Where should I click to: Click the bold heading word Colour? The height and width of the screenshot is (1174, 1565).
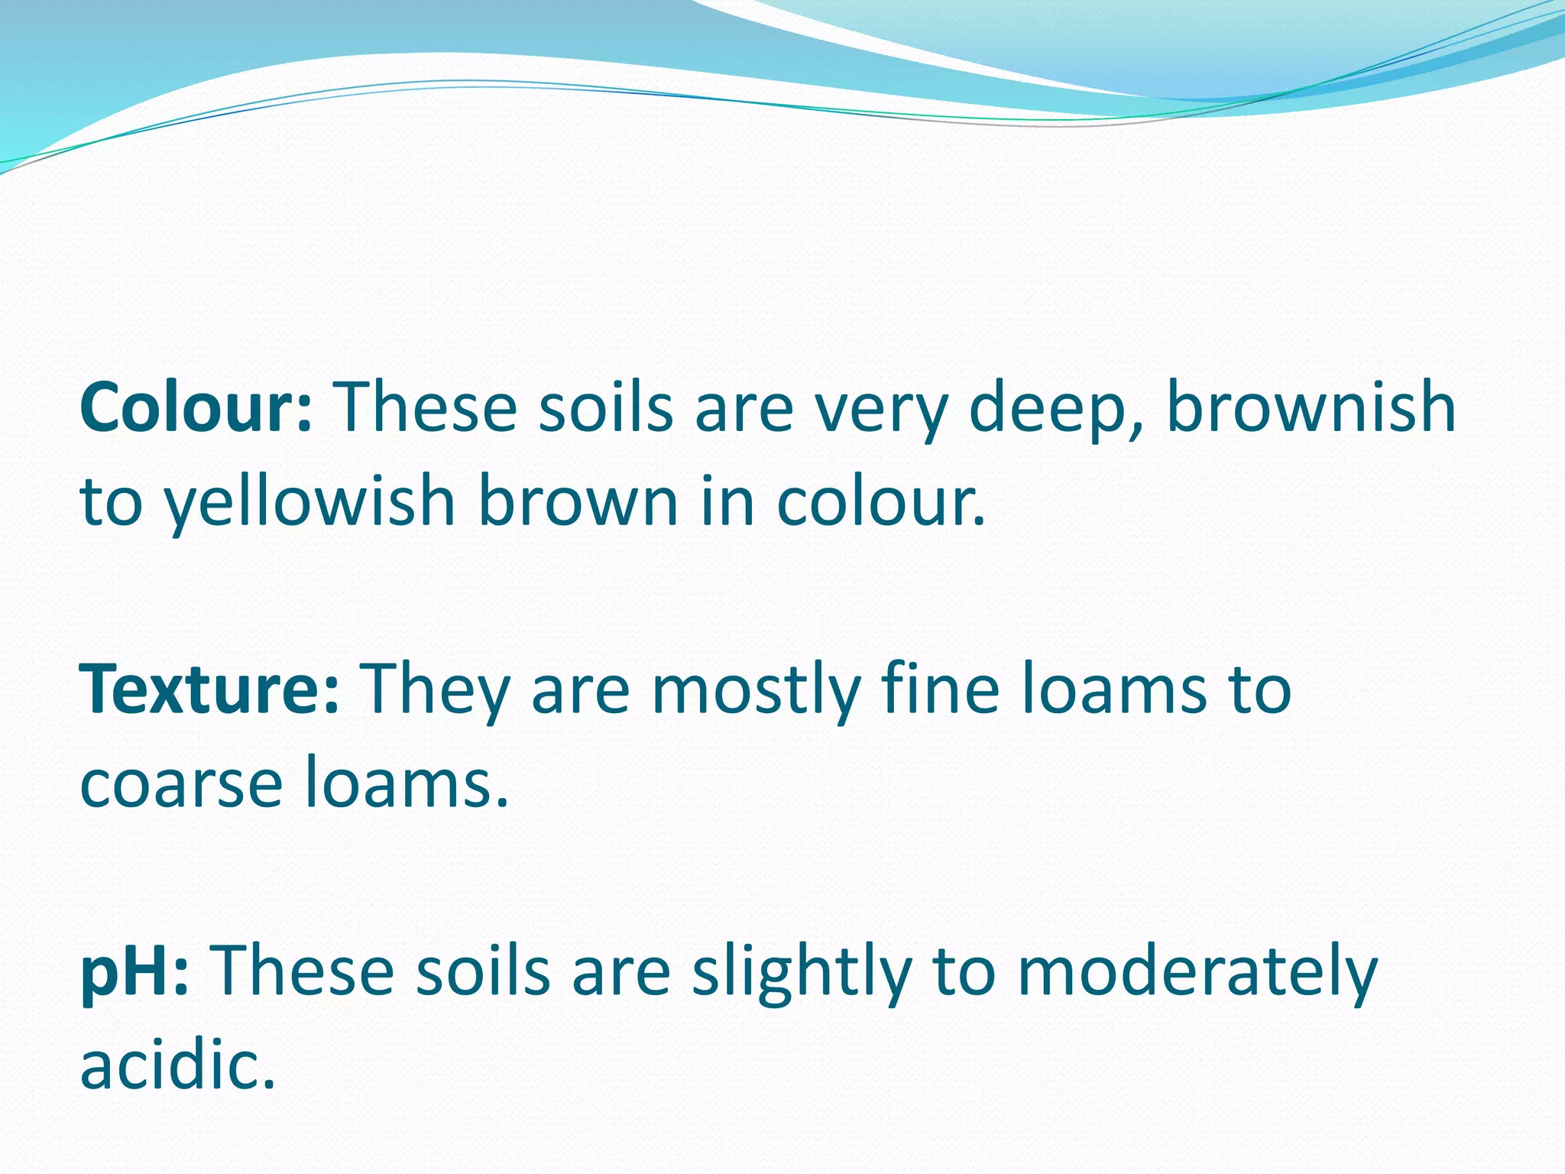coord(196,408)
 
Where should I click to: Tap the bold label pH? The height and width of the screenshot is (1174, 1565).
coord(134,972)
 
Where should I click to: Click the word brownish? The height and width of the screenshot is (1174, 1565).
coord(1311,408)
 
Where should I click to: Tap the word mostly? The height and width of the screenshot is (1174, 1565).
coord(756,691)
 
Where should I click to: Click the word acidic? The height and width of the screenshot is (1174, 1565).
coord(177,1065)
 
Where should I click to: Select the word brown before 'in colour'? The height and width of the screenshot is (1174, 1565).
coord(578,503)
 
